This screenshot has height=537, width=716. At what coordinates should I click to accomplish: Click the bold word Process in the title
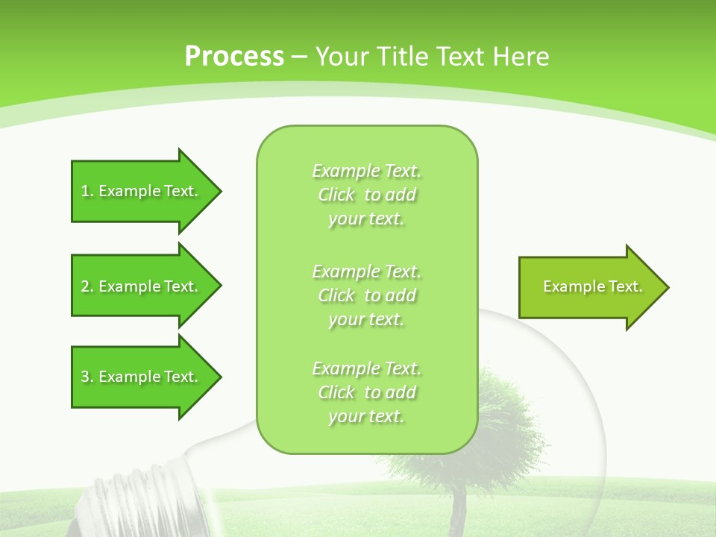point(234,56)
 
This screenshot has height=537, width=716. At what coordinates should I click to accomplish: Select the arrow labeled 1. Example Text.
point(142,191)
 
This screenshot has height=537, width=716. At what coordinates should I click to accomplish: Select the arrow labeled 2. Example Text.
point(142,286)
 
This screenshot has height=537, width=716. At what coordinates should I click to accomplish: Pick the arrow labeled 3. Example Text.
point(142,377)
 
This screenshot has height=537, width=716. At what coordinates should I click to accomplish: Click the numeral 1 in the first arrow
point(85,191)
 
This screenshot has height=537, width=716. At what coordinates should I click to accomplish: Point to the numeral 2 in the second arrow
point(85,286)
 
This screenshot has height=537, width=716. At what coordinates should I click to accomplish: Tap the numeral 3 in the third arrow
point(85,377)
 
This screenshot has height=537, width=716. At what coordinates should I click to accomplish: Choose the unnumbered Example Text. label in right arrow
point(592,286)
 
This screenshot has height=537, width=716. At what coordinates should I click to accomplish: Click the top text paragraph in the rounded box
point(366,195)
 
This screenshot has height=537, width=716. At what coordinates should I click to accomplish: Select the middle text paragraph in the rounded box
point(366,295)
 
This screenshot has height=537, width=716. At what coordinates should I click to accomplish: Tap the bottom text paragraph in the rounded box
point(366,392)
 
